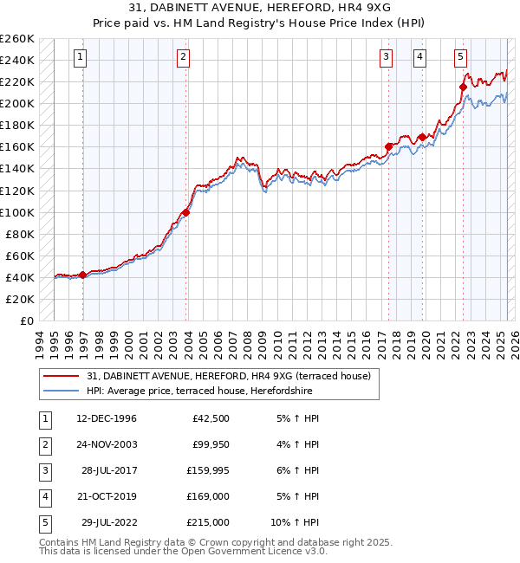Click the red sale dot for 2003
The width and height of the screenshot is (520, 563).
185,211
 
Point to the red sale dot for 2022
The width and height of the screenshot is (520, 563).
464,87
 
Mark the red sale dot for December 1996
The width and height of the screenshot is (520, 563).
82,275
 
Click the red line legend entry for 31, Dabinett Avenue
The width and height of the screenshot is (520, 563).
229,376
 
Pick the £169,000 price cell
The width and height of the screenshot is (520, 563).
208,496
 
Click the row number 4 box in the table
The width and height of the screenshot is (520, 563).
43,496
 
